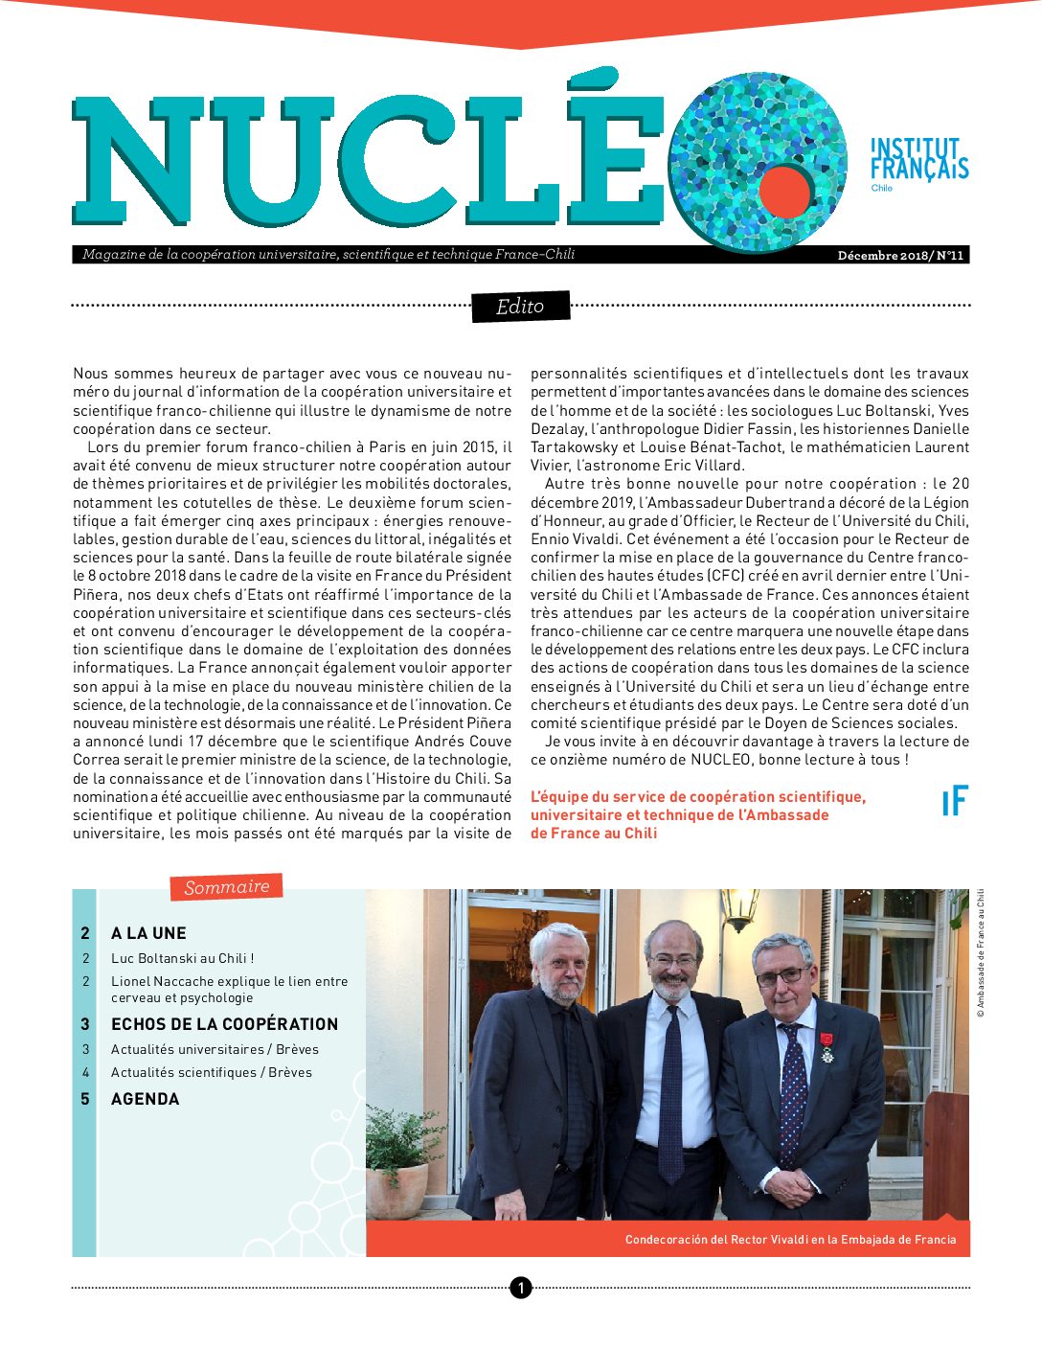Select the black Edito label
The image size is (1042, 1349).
coord(520,307)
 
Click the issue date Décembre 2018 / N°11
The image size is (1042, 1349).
coord(900,255)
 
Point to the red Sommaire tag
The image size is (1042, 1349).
coord(226,887)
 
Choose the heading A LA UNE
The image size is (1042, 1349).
coord(148,933)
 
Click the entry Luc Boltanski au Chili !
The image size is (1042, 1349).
coord(182,958)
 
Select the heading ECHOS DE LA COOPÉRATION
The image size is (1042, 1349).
coord(224,1024)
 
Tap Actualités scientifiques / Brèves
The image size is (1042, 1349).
coord(211,1072)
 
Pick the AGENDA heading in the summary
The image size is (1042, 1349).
coord(145,1099)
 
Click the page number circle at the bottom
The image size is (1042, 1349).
coord(520,1288)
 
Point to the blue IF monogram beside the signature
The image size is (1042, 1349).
coord(955,801)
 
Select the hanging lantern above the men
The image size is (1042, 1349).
coord(740,908)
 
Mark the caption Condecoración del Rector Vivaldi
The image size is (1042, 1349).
coord(790,1240)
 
